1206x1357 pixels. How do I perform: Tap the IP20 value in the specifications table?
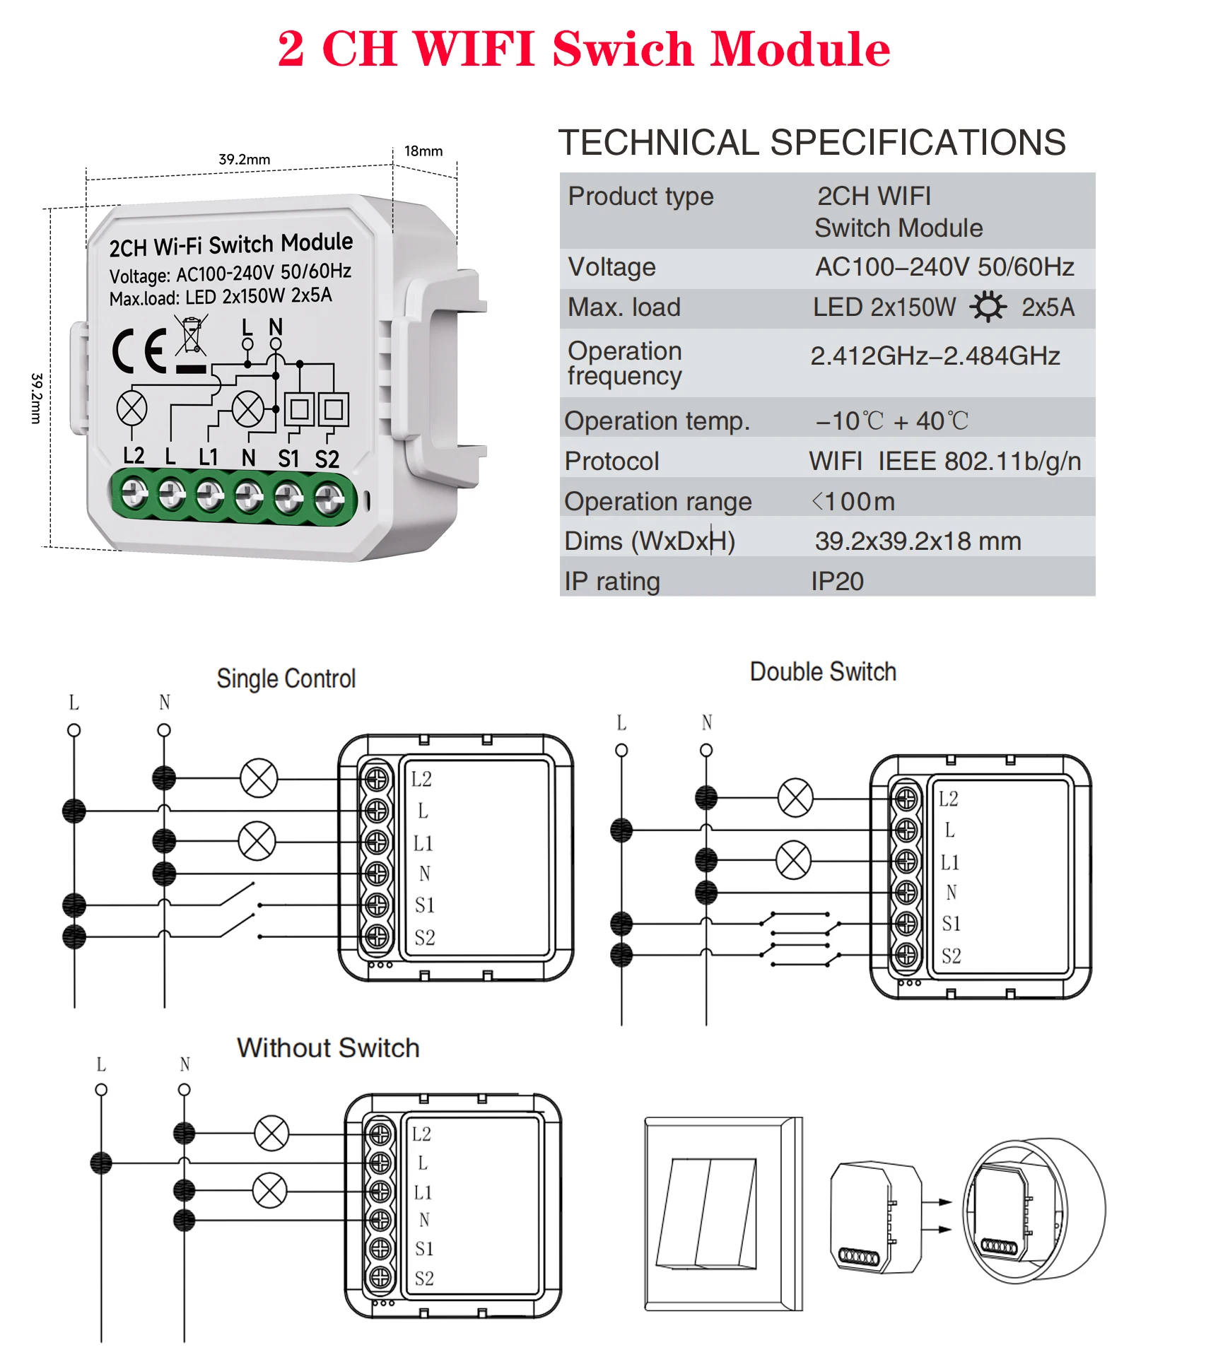pyautogui.click(x=837, y=581)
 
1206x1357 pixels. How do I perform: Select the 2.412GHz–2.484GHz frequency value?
pyautogui.click(x=935, y=356)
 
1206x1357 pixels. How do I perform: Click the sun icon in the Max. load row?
pyautogui.click(x=988, y=307)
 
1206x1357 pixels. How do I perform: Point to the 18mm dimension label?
pyautogui.click(x=423, y=151)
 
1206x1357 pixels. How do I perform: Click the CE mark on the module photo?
pyautogui.click(x=139, y=351)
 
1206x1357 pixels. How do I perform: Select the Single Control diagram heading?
pyautogui.click(x=286, y=678)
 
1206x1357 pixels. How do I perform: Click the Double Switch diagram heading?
pyautogui.click(x=823, y=671)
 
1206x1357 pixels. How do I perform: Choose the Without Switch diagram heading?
pyautogui.click(x=328, y=1047)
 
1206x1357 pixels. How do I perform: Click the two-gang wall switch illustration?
pyautogui.click(x=722, y=1213)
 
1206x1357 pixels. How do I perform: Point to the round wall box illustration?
pyautogui.click(x=1034, y=1210)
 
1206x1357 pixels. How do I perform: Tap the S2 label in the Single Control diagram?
pyautogui.click(x=425, y=938)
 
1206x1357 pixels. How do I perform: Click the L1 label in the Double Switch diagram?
pyautogui.click(x=949, y=862)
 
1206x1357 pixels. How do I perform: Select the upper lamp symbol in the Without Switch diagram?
pyautogui.click(x=271, y=1133)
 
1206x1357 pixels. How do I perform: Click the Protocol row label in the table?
pyautogui.click(x=611, y=462)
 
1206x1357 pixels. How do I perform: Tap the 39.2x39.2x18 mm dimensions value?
pyautogui.click(x=918, y=541)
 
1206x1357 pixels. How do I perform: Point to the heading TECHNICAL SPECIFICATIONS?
pyautogui.click(x=812, y=143)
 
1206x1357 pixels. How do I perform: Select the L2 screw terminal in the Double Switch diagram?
pyautogui.click(x=906, y=799)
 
